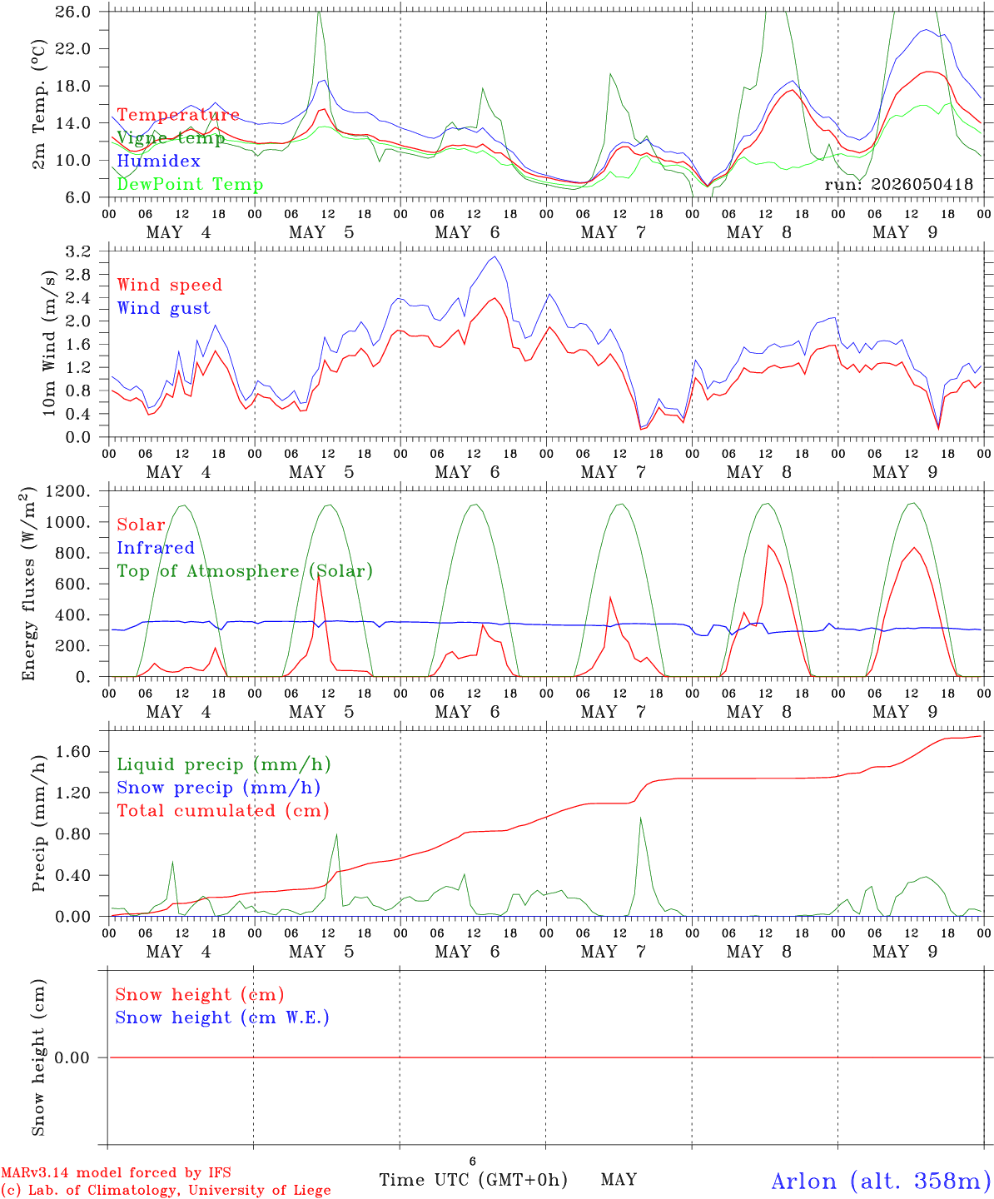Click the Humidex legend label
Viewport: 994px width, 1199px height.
coord(158,161)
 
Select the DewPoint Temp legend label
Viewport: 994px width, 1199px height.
coord(190,184)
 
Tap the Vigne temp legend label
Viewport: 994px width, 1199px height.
coord(171,138)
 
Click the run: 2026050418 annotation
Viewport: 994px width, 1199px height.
coord(898,184)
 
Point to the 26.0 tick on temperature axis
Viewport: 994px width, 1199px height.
coord(73,12)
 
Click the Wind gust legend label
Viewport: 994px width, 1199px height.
coord(164,308)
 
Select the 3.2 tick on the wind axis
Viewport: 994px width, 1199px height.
coord(77,251)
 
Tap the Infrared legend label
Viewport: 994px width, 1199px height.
coord(156,548)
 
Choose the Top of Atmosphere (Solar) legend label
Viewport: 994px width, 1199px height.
coord(246,571)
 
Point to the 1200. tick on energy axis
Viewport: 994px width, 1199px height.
coord(68,491)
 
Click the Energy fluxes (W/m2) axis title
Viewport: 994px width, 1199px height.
coord(28,584)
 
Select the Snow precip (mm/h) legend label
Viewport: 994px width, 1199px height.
coord(219,788)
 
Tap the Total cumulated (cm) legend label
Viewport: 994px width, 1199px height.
coord(223,811)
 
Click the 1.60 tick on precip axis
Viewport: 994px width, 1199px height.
coord(73,752)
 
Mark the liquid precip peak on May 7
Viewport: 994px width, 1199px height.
coord(640,818)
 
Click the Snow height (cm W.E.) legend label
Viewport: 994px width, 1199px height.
coord(222,1017)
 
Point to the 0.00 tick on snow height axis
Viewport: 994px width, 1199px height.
coord(72,1057)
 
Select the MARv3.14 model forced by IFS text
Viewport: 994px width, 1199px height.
coord(116,1172)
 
